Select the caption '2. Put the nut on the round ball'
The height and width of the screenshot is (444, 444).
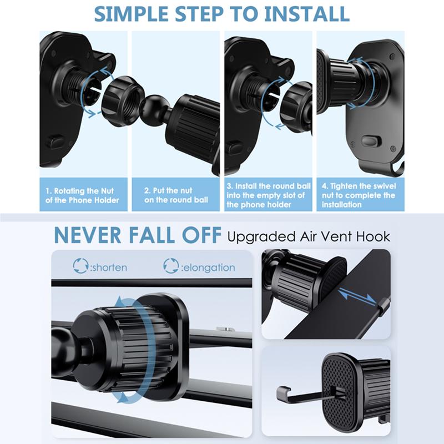[175, 195]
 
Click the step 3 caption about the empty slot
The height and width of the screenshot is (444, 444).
[269, 195]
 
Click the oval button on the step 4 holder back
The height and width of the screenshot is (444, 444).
[370, 141]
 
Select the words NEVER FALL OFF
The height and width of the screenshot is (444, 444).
[138, 235]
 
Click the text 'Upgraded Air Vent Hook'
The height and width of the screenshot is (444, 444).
[309, 237]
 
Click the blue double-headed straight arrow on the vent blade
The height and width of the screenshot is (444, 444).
[357, 295]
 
